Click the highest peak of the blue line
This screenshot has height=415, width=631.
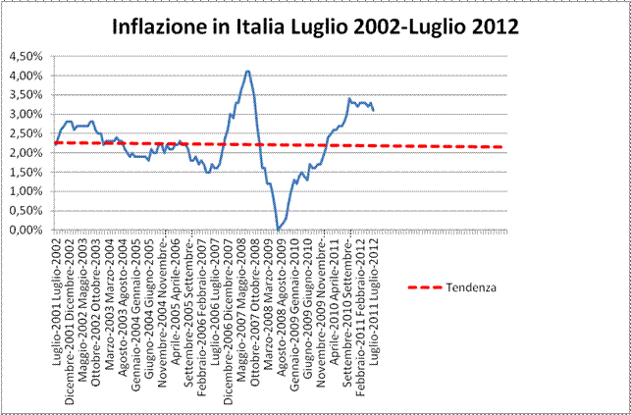(x=247, y=71)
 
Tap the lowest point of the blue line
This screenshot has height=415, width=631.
(x=279, y=229)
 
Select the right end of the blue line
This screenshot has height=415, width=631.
(x=373, y=110)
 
